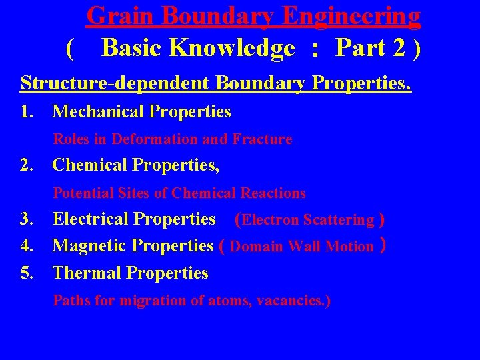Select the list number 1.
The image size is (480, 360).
pos(26,111)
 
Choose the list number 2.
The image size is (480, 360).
pos(27,165)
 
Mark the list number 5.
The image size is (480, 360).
pos(27,273)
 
